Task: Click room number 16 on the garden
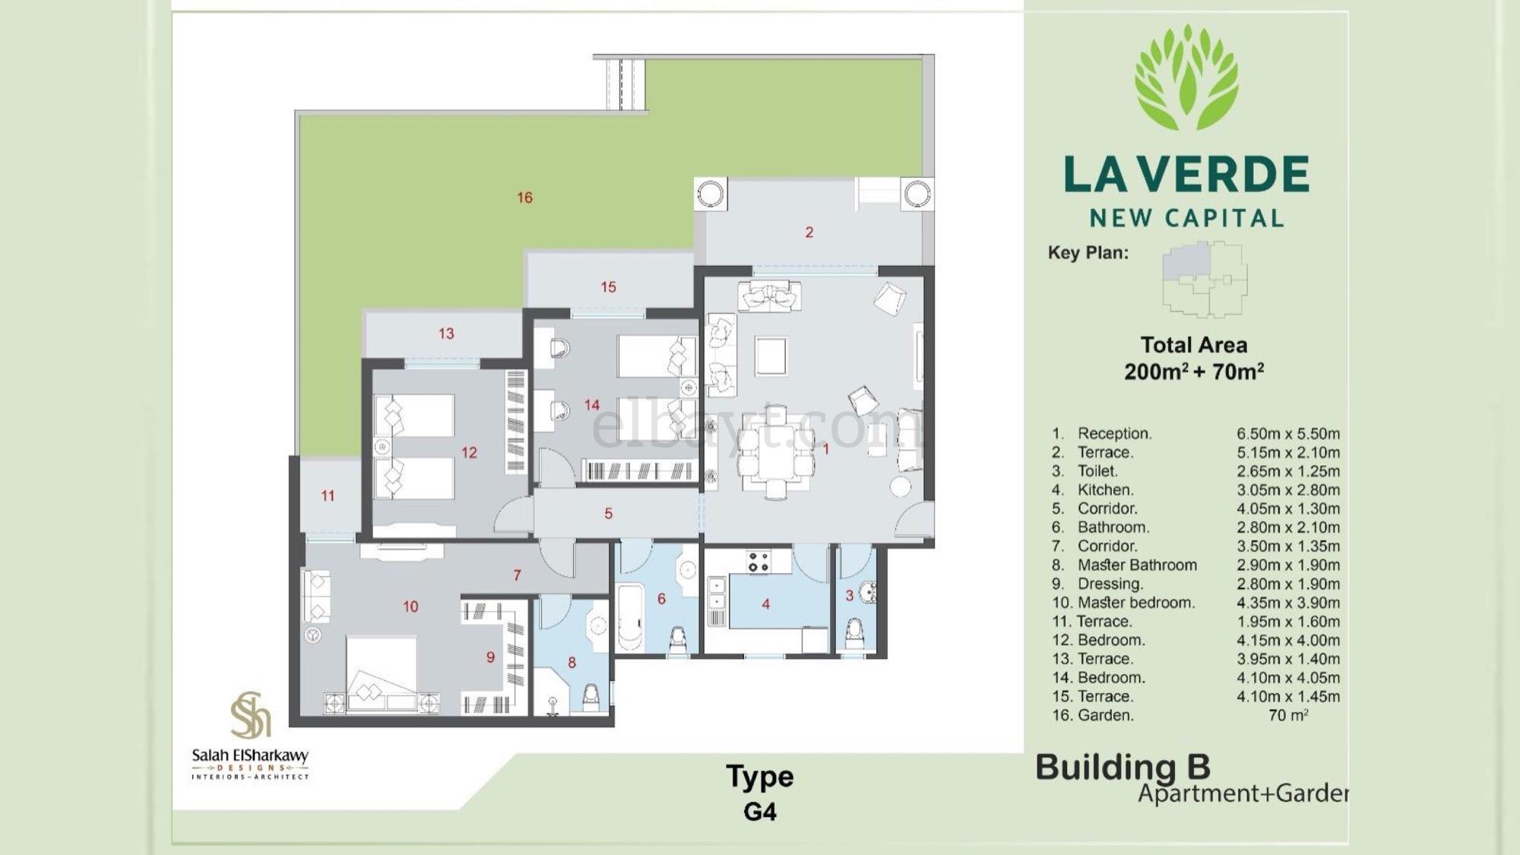click(x=524, y=198)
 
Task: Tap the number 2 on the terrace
click(x=809, y=232)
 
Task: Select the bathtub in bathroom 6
click(x=630, y=616)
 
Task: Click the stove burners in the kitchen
click(x=758, y=562)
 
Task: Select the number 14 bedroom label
click(x=592, y=405)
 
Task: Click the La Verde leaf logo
click(x=1186, y=77)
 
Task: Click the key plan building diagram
click(x=1205, y=279)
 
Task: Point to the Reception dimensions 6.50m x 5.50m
click(x=1288, y=434)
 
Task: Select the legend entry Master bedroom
click(x=1136, y=603)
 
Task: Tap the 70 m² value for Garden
click(x=1288, y=715)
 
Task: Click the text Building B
click(x=1123, y=767)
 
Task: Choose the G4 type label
click(x=760, y=812)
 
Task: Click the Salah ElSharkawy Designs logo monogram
click(x=251, y=715)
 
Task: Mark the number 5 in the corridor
click(x=608, y=514)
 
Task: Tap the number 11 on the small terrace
click(x=328, y=496)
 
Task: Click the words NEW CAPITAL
click(x=1186, y=219)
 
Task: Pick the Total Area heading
click(x=1194, y=345)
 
